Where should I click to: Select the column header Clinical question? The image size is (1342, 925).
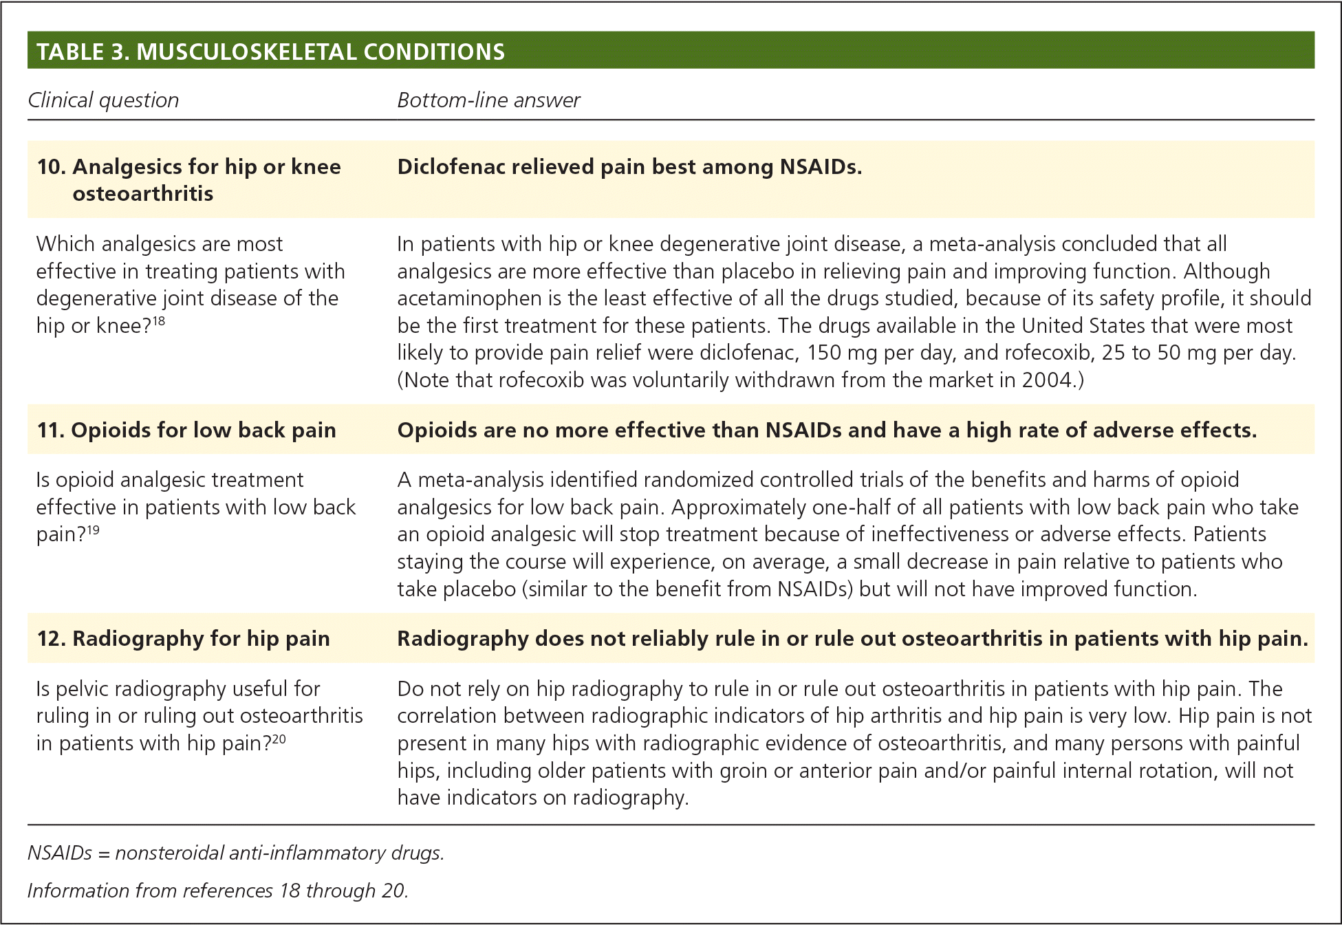coord(103,100)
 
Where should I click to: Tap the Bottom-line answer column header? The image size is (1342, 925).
coord(488,100)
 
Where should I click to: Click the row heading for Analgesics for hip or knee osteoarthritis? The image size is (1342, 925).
coord(189,179)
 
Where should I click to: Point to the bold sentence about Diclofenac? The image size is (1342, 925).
coord(629,167)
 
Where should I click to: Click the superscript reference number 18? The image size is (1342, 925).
coord(159,320)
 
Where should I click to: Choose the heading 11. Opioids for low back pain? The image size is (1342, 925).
coord(186,431)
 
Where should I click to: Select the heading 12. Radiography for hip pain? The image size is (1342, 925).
coord(184,639)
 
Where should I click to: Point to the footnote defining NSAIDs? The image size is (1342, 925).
coord(236,853)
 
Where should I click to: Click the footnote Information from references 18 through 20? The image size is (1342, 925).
coord(218,891)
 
